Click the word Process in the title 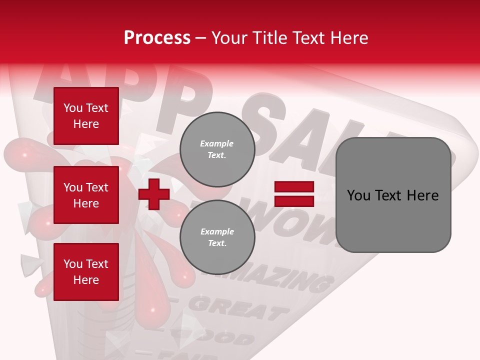click(x=157, y=38)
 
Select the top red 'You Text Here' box click(x=86, y=116)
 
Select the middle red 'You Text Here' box click(x=86, y=195)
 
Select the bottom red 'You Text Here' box click(x=86, y=271)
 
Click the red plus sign click(x=154, y=194)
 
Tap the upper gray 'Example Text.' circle click(x=217, y=149)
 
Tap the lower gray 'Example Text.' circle click(x=217, y=237)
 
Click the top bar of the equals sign click(x=294, y=187)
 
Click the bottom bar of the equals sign click(x=294, y=201)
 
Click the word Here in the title click(x=348, y=38)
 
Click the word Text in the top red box click(x=97, y=108)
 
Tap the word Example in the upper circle click(x=216, y=143)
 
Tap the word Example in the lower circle click(x=217, y=231)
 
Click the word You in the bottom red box click(x=73, y=264)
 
